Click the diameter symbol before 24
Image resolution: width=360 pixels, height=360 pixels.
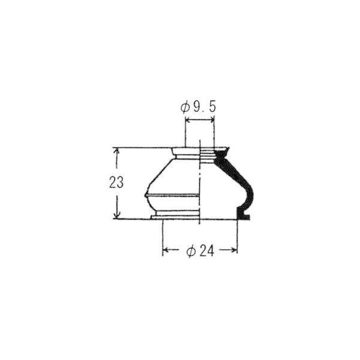coord(190,251)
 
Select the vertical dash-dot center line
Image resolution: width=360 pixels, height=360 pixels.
coord(199,180)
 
